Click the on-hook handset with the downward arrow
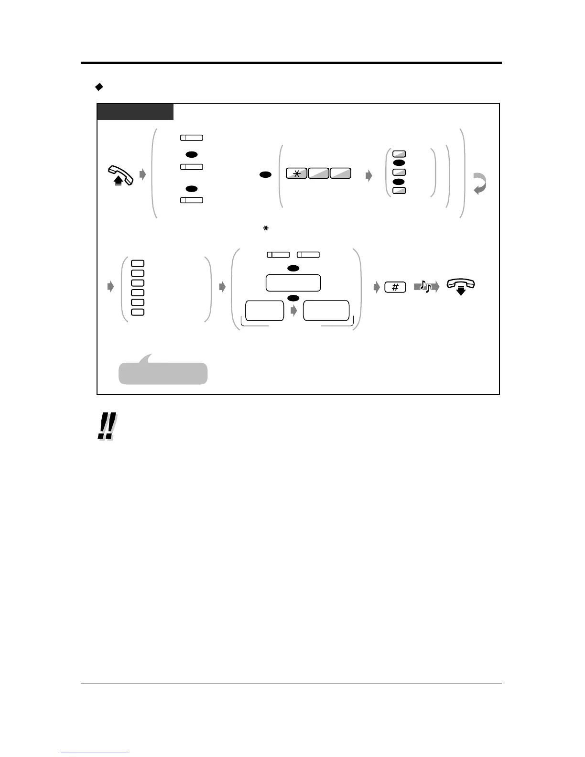(460, 286)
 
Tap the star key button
(296, 174)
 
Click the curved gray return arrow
(480, 184)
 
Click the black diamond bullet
(99, 87)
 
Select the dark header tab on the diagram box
(135, 112)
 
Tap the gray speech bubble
(162, 372)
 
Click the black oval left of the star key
(266, 175)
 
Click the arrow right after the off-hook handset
(142, 175)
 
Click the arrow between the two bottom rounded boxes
(294, 311)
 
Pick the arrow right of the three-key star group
(368, 176)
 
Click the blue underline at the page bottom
(95, 753)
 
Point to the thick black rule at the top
(291, 63)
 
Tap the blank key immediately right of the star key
(318, 174)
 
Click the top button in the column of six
(137, 263)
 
